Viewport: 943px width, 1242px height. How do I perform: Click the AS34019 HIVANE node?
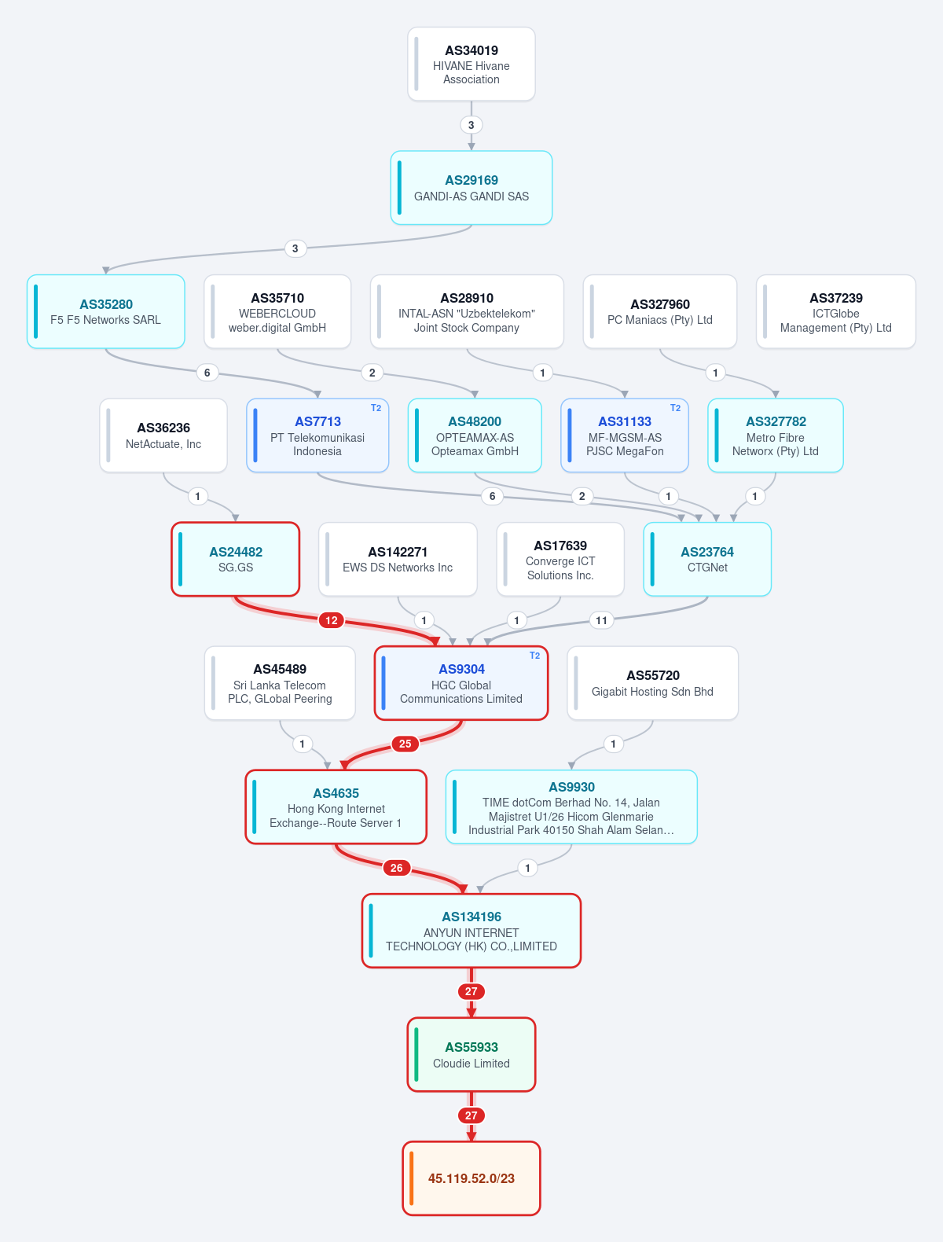coord(472,64)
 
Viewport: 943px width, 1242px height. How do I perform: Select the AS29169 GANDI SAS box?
coord(472,188)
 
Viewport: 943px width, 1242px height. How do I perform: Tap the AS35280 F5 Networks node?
coord(106,312)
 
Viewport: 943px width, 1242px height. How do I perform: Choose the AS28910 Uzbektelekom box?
coord(467,312)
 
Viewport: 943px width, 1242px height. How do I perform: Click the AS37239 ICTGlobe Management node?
coord(835,312)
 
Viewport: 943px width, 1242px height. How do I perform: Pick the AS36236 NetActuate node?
coord(163,435)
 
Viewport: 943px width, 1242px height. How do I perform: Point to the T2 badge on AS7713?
coord(376,408)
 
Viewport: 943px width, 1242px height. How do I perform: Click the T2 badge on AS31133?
coord(676,408)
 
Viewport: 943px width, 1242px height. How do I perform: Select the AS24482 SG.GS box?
coord(235,559)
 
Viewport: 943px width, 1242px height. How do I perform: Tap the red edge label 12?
coord(332,620)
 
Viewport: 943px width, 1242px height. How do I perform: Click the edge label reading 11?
coord(601,620)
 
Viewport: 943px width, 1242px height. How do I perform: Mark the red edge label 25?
coord(405,744)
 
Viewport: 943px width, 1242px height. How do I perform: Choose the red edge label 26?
coord(397,867)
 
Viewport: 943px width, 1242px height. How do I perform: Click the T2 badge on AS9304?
coord(534,656)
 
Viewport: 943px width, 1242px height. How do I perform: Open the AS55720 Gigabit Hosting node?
coord(652,683)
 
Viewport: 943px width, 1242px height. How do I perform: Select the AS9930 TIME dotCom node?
coord(571,807)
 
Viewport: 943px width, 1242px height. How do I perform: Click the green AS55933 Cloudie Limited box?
coord(472,1055)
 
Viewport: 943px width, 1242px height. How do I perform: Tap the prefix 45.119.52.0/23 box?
coord(472,1178)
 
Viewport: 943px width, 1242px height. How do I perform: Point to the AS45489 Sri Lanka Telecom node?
coord(280,683)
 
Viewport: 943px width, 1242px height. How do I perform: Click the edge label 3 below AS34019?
coord(472,125)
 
